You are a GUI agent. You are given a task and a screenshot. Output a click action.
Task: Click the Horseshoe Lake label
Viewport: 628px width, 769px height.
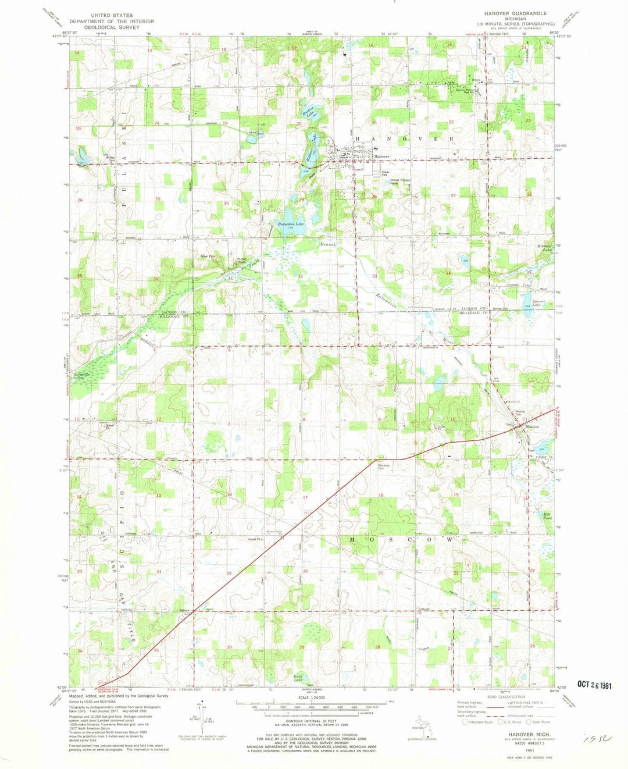coord(291,224)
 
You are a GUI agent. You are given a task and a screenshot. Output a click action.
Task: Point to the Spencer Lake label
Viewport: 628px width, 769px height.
coord(538,303)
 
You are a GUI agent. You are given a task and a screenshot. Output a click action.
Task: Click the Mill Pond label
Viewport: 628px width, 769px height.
coord(547,516)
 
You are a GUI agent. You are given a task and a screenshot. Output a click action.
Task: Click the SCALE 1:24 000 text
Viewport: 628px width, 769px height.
coord(312,697)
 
